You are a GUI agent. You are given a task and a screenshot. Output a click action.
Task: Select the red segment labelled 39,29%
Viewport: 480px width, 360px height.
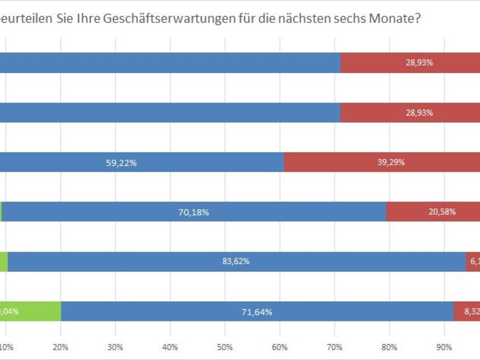click(x=382, y=162)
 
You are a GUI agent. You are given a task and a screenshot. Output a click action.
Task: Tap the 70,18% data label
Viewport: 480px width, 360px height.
click(x=193, y=212)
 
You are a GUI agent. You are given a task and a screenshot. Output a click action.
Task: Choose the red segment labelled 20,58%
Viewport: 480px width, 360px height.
click(x=433, y=212)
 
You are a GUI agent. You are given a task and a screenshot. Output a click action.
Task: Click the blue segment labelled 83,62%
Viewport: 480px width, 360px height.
click(x=236, y=261)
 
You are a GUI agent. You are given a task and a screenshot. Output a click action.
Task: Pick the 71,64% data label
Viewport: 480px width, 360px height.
click(x=257, y=311)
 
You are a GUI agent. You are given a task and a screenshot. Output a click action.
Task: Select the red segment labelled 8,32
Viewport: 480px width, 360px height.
click(x=467, y=311)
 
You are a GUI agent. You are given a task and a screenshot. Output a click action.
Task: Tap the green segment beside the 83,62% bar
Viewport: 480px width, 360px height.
click(x=4, y=261)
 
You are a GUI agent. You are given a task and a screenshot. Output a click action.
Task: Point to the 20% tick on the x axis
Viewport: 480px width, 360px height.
click(x=61, y=347)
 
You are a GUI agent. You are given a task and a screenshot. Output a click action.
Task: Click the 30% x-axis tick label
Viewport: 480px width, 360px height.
click(x=115, y=347)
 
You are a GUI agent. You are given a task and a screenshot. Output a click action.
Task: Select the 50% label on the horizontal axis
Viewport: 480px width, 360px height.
click(x=224, y=347)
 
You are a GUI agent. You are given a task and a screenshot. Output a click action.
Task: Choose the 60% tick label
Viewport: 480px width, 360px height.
click(x=280, y=347)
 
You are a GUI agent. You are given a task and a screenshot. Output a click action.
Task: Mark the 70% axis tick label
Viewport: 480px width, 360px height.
click(x=334, y=347)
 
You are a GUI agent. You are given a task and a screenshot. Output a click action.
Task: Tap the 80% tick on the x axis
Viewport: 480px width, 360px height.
click(x=389, y=347)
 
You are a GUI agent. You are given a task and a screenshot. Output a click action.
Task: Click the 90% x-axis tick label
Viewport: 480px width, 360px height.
click(x=443, y=347)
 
